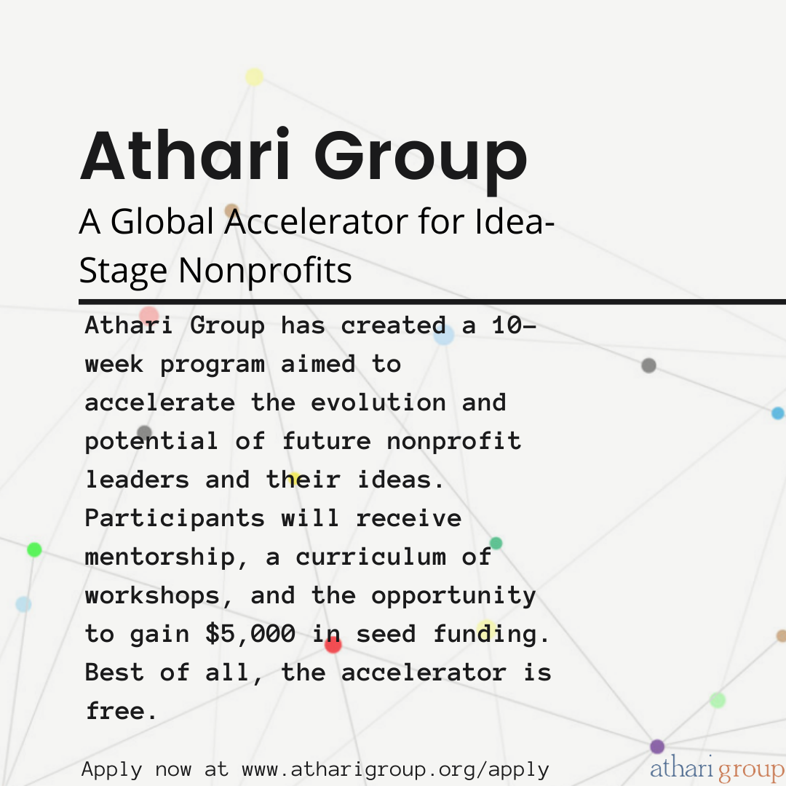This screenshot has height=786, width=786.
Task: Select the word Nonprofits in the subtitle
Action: (265, 271)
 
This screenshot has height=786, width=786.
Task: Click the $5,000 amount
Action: (250, 634)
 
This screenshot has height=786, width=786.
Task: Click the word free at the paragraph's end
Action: (121, 711)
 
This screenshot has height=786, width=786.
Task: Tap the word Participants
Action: (175, 518)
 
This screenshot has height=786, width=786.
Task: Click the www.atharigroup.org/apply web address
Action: (395, 769)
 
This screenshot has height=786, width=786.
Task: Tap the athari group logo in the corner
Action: (716, 770)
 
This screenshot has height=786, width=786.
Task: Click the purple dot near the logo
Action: (657, 746)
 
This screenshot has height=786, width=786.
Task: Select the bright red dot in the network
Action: (333, 644)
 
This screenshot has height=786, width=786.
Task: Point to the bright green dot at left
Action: (34, 549)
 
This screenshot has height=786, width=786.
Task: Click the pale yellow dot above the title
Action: (254, 77)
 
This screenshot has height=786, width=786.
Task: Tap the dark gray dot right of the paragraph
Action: (648, 365)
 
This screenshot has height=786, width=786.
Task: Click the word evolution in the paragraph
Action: (378, 402)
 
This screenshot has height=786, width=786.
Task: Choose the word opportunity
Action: (453, 595)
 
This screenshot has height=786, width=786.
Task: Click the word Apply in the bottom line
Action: (112, 769)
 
